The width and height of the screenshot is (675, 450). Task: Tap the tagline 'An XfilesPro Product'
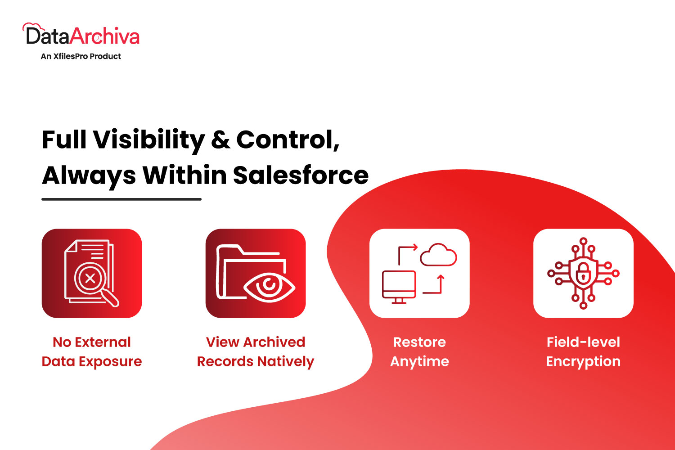[x=81, y=56]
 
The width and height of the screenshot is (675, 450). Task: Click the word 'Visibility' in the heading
[x=149, y=140]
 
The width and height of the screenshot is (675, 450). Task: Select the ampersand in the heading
[x=220, y=139]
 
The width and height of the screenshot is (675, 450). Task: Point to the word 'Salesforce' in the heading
[x=301, y=175]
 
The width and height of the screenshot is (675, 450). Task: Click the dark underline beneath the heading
[x=121, y=199]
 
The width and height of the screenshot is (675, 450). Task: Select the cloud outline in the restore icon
[x=438, y=255]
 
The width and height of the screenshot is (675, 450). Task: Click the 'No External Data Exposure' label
[x=92, y=352]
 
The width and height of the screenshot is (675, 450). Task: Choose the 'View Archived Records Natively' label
[x=256, y=352]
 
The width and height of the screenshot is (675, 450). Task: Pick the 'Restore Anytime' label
[x=419, y=352]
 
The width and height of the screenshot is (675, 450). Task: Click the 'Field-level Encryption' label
[x=583, y=352]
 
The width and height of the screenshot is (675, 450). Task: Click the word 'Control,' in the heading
[x=288, y=140]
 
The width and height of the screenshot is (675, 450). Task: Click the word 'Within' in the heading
[x=184, y=175]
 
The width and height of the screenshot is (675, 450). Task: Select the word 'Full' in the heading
[x=64, y=139]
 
